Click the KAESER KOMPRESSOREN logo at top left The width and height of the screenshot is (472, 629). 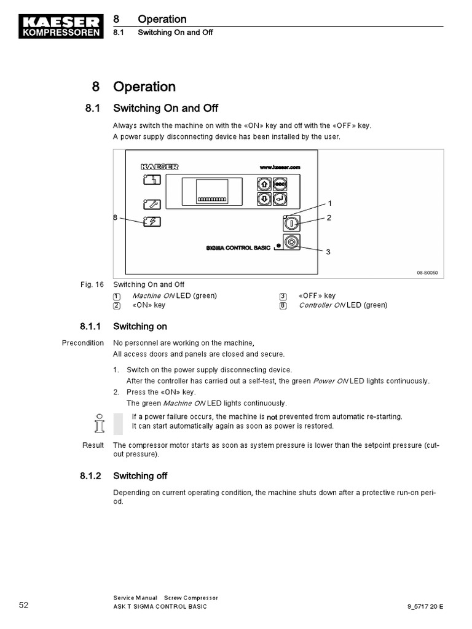pos(60,26)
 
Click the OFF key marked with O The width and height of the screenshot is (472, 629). pos(291,243)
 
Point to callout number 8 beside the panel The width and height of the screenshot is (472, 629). pos(115,217)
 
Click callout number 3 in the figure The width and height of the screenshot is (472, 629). pos(328,252)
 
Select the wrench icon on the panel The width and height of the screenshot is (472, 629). pos(152,205)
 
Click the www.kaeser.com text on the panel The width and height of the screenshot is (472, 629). pos(279,167)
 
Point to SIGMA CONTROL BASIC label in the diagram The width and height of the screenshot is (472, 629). pos(238,248)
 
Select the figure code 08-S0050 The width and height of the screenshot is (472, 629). pos(428,273)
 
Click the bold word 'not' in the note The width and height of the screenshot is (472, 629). pos(272,417)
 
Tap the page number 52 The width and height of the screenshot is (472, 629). pos(23,605)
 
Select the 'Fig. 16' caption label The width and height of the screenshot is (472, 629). pos(92,284)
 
